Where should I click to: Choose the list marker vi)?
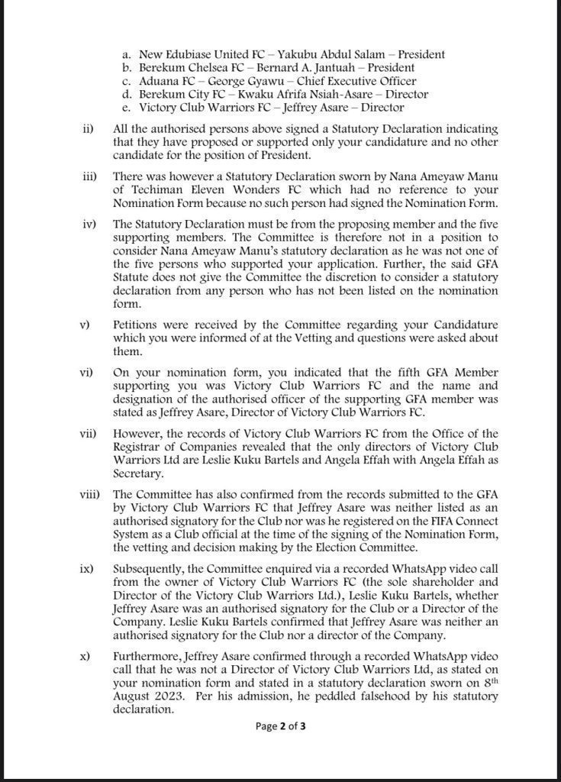[86, 372]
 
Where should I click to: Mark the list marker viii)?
[89, 493]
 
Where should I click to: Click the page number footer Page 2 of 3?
[280, 727]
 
